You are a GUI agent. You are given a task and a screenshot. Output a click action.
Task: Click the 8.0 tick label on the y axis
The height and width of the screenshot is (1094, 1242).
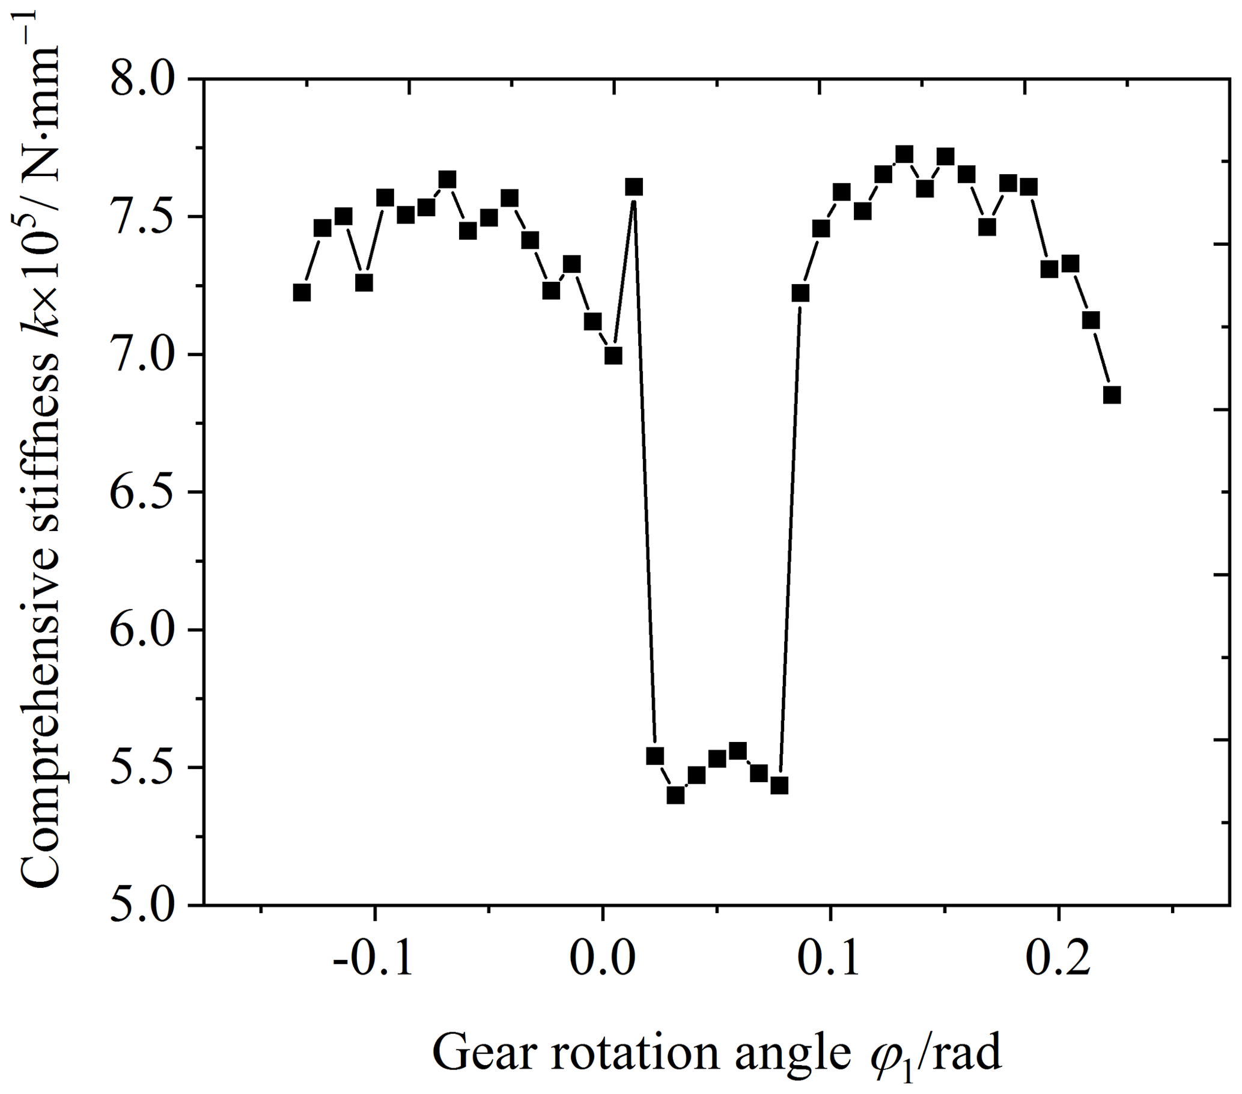(x=142, y=79)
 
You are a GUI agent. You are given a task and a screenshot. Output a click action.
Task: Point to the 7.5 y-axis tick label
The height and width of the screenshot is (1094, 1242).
(x=142, y=217)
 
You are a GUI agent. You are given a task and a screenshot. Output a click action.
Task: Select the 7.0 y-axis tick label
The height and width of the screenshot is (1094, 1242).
(x=142, y=354)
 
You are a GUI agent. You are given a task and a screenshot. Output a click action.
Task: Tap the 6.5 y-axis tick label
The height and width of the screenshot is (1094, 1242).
(x=142, y=493)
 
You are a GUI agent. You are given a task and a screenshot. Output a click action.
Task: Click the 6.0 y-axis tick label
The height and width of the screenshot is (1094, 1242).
(x=142, y=631)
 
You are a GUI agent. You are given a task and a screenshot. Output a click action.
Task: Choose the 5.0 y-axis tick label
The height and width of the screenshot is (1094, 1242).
(x=142, y=906)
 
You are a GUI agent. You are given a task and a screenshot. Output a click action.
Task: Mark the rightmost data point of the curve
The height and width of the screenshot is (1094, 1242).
(x=1112, y=395)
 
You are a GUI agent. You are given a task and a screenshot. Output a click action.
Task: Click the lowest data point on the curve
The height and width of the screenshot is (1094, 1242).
(x=676, y=795)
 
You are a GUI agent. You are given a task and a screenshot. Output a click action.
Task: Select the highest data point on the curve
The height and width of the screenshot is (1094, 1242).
(x=905, y=154)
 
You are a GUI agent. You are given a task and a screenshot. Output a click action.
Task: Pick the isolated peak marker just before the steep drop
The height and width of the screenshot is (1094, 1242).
(x=635, y=187)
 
